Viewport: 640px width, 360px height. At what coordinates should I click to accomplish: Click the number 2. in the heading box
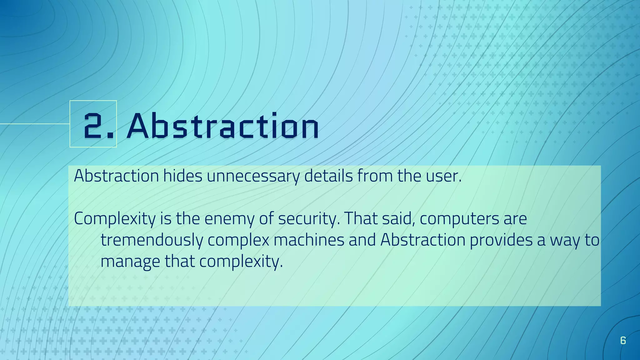coord(98,126)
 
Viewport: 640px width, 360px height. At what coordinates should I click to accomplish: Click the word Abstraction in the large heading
coord(222,126)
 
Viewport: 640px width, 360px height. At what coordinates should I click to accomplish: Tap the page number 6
coord(623,340)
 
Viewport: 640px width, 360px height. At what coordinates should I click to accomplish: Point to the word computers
coord(459,219)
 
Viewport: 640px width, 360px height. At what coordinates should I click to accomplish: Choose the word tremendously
coord(152,240)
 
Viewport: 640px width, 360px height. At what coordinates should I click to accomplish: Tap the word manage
coord(130,262)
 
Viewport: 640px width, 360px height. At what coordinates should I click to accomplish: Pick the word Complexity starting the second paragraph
coord(114,219)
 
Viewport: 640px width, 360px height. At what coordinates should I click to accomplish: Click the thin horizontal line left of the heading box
coord(34,124)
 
